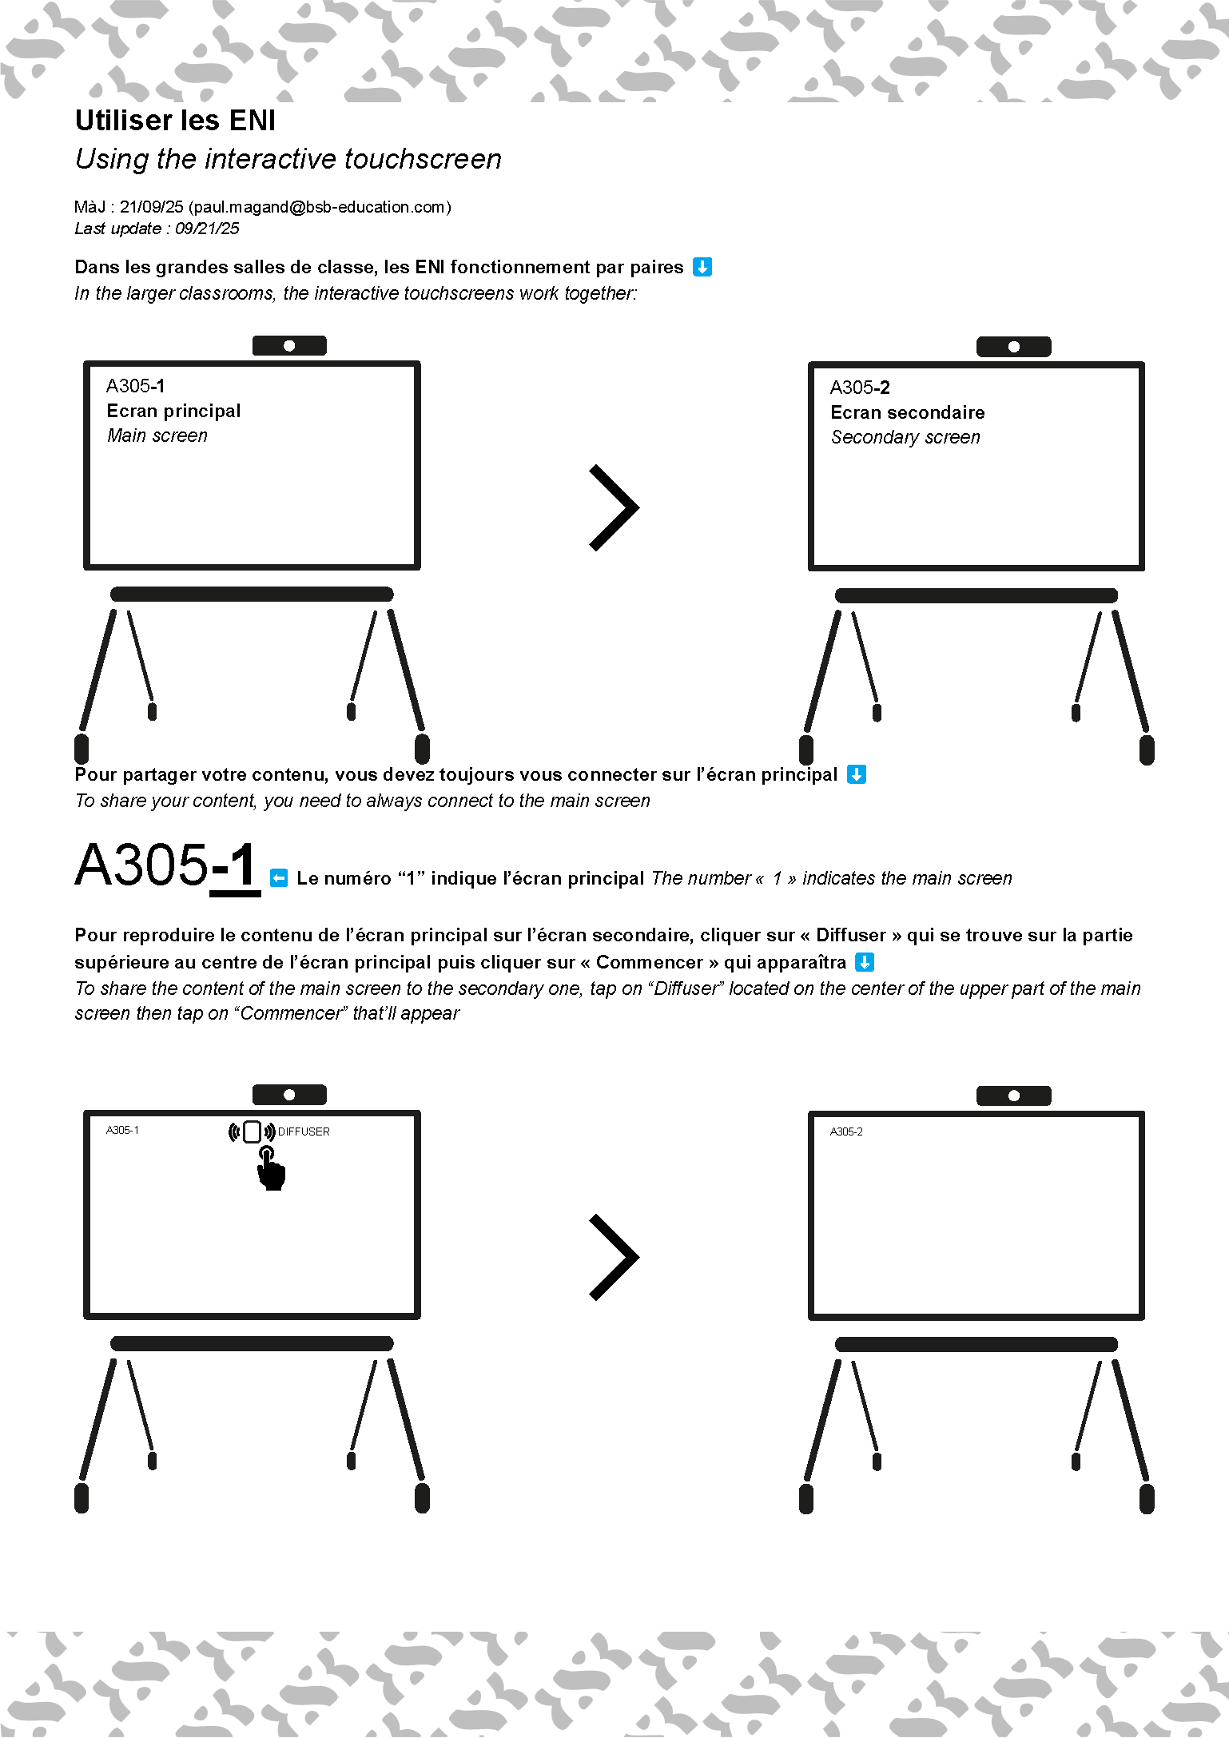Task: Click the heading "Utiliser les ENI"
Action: (x=175, y=121)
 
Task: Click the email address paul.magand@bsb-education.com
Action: (x=320, y=207)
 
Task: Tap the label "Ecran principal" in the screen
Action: (x=173, y=411)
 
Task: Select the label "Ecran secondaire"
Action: (x=907, y=412)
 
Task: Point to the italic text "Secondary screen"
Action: (x=905, y=437)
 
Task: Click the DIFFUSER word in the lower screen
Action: (x=304, y=1131)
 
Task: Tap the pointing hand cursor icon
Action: (x=271, y=1169)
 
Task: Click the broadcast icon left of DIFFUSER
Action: (x=252, y=1131)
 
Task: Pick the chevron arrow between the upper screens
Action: (x=614, y=507)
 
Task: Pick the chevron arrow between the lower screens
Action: (x=614, y=1257)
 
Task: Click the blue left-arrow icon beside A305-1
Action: (x=279, y=878)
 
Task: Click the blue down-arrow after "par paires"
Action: (x=702, y=267)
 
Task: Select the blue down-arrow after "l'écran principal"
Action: (x=857, y=774)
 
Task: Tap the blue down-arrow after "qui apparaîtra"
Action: (x=865, y=962)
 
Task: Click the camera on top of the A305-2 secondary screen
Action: (x=1014, y=347)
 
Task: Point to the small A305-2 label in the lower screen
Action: (x=846, y=1131)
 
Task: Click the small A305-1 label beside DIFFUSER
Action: (x=122, y=1130)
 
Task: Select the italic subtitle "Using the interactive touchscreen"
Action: (x=288, y=159)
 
